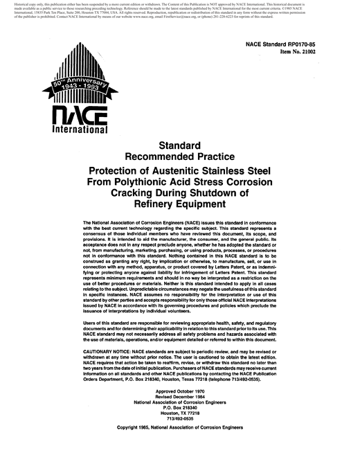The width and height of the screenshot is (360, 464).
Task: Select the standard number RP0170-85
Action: [x=307, y=44]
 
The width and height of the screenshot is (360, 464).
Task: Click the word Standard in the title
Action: [x=179, y=146]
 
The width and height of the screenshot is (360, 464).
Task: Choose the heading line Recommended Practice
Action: [x=179, y=158]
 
